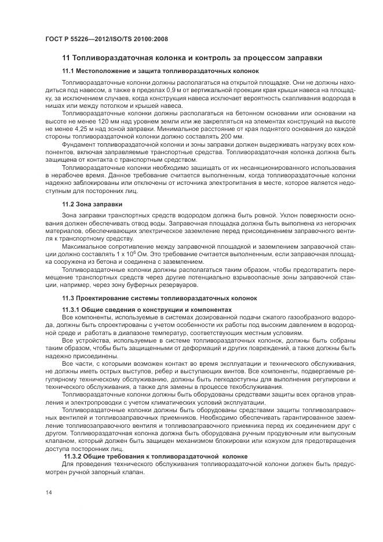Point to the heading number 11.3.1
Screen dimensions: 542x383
73,310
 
